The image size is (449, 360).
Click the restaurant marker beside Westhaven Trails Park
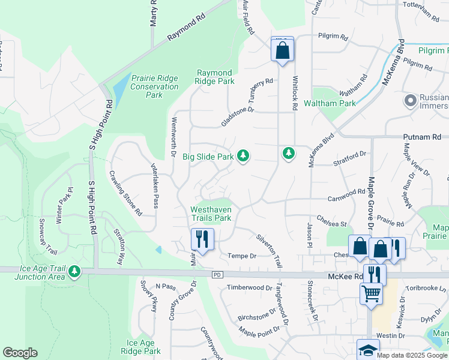[202, 239]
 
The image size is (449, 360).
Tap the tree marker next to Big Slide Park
[243, 156]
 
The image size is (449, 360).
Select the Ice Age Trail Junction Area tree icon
[74, 272]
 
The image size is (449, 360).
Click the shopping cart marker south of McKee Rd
[371, 294]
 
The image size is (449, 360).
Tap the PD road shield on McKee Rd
[217, 275]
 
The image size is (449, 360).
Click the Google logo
[20, 353]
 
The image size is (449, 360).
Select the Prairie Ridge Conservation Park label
[154, 86]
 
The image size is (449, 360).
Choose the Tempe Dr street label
[242, 256]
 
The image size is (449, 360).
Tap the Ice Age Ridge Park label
[140, 347]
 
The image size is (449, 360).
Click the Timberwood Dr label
[249, 288]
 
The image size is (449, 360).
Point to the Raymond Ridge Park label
[215, 77]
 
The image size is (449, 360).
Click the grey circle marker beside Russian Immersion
[411, 100]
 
